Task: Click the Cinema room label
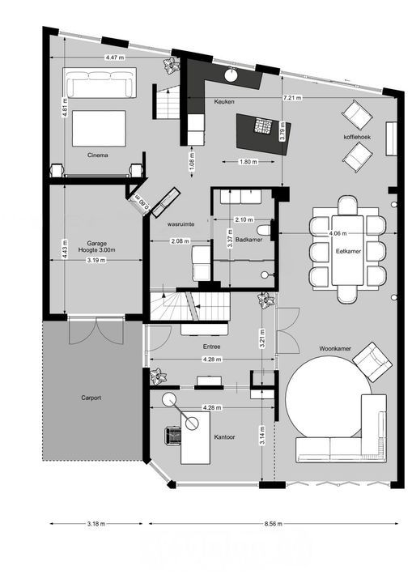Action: pos(98,153)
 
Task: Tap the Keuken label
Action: pos(224,102)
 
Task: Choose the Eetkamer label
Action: pos(348,252)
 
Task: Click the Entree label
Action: pos(212,347)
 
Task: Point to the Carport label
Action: pos(91,398)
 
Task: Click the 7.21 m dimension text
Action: pos(292,97)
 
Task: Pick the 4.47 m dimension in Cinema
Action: pos(115,57)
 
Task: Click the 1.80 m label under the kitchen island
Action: pos(248,162)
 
